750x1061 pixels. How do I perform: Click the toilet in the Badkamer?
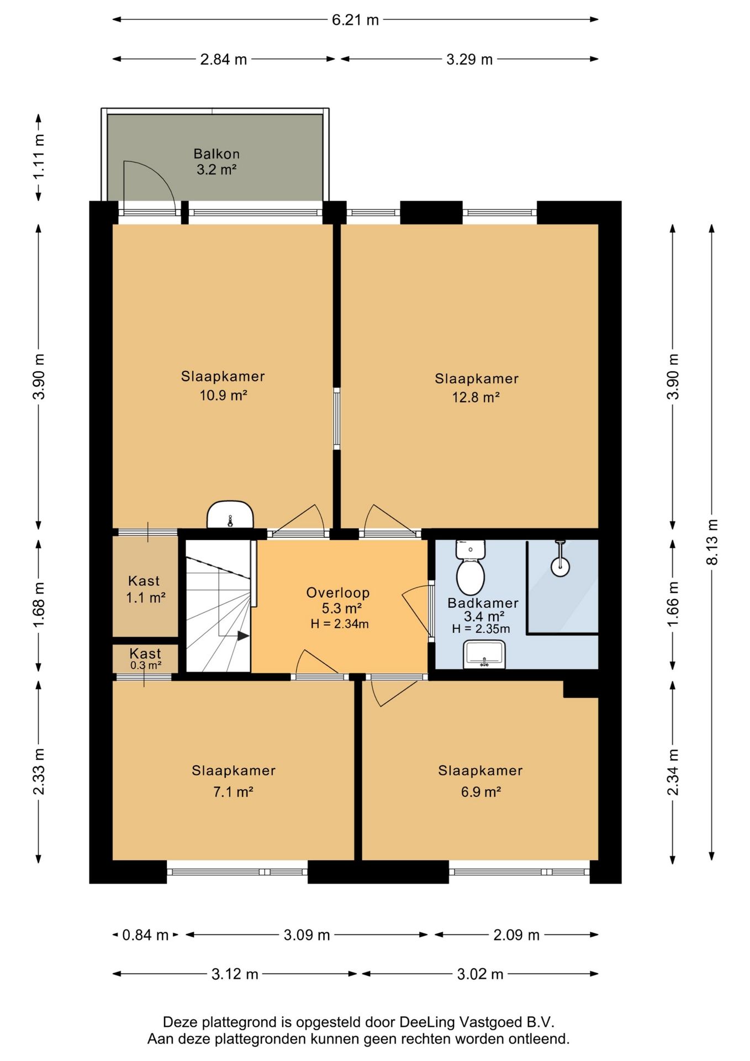tap(470, 568)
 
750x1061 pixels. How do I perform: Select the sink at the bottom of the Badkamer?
tap(484, 654)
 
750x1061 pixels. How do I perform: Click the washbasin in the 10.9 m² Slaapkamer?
tap(230, 515)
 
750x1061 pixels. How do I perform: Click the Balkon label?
tap(216, 154)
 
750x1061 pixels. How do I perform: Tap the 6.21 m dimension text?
tap(355, 20)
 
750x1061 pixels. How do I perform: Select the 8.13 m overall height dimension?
tap(712, 542)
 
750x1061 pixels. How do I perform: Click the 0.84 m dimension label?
tap(145, 935)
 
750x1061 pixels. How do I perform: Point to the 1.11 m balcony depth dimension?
tap(39, 157)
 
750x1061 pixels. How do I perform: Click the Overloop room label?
tap(338, 592)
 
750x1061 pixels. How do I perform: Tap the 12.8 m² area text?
tap(476, 397)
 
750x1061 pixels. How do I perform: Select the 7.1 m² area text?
tap(233, 792)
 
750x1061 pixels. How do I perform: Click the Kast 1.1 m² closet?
tap(145, 587)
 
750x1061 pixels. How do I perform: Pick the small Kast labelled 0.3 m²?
tap(145, 659)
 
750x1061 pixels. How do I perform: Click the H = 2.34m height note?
tap(340, 624)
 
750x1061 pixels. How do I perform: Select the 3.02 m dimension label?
tap(480, 974)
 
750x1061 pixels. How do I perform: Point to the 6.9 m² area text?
tap(481, 792)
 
